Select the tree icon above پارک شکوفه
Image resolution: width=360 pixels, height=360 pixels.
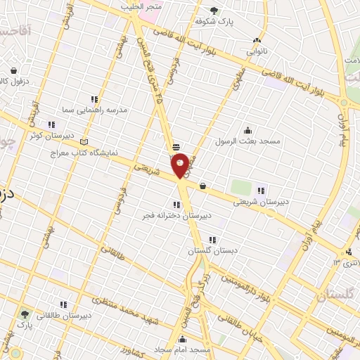pos(214,10)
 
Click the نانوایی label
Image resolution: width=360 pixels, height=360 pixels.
pos(256,51)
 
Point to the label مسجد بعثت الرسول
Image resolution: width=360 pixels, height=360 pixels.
pos(251,141)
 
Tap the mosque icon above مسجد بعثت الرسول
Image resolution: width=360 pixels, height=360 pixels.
pos(247,130)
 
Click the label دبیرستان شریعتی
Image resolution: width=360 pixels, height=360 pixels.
pos(261,201)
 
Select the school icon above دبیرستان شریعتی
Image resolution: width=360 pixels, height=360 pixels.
pos(261,190)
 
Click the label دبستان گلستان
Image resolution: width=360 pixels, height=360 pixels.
pos(211,250)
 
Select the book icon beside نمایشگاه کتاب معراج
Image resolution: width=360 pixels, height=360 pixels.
pos(85,141)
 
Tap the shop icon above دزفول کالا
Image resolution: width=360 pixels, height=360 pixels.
pos(14,70)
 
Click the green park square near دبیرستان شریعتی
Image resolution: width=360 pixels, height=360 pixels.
pos(241,188)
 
